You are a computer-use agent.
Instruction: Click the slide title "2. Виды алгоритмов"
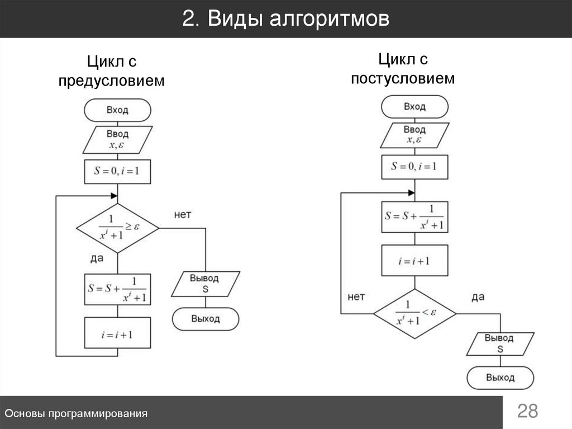point(285,20)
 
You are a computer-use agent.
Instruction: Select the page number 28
point(527,412)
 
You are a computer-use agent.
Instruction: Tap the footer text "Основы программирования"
point(76,413)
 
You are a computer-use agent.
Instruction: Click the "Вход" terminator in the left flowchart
point(117,110)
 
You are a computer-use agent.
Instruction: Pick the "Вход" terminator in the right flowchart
point(414,106)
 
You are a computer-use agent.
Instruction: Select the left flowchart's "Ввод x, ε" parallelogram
point(117,140)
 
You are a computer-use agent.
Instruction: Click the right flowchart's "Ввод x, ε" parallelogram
point(414,135)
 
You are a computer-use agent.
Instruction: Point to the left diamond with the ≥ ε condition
point(117,228)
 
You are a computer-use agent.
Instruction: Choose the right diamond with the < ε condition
point(414,313)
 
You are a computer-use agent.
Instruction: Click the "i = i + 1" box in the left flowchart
point(117,335)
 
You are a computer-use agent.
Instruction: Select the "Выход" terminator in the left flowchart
point(206,319)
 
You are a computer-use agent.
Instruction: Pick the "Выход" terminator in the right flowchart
point(500,378)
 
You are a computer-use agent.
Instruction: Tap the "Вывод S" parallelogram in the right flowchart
point(499,343)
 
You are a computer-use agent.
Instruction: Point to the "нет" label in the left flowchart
point(183,215)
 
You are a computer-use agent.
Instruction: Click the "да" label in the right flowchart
point(478,297)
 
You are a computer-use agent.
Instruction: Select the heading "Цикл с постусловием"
point(403,69)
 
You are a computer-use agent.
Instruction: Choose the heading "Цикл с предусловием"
point(112,71)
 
